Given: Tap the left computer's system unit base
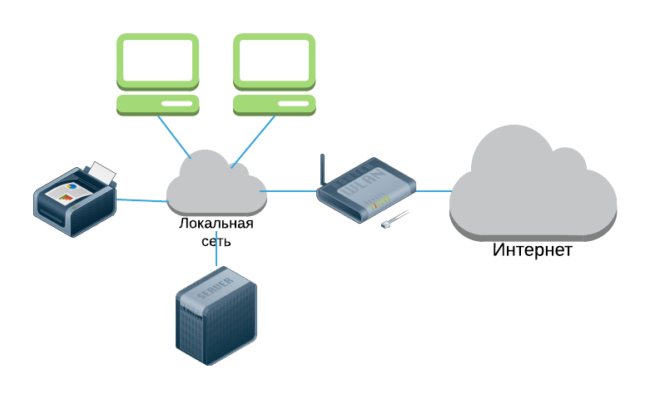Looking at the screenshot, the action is click(x=157, y=105).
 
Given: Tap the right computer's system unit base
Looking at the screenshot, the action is click(x=274, y=105).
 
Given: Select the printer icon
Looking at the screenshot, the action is click(x=75, y=199).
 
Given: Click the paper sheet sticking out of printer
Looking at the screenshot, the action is click(x=102, y=172).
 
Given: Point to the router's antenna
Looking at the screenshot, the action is click(x=323, y=170).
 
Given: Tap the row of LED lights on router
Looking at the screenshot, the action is click(x=377, y=202).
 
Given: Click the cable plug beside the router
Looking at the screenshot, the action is click(x=394, y=219).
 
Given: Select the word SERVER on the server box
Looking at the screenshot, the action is click(x=216, y=288).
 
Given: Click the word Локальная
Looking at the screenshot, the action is click(x=216, y=224).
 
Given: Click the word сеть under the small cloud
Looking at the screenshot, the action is click(x=216, y=241).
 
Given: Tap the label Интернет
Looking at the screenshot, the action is click(x=533, y=250).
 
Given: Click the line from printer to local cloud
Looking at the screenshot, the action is click(x=142, y=200).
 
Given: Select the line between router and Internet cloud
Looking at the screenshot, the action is click(x=434, y=191).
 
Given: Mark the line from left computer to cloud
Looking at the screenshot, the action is click(x=174, y=137).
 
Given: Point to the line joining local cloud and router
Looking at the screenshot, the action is click(x=288, y=191).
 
